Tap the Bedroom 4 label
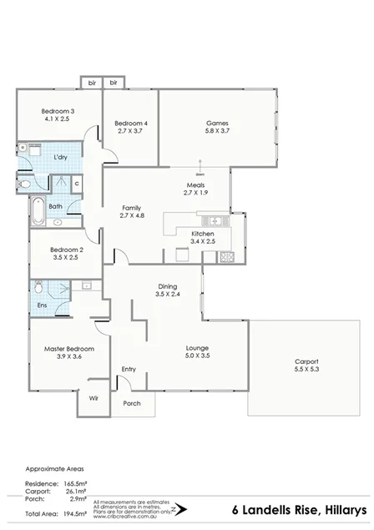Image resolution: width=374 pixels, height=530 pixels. click(x=130, y=124)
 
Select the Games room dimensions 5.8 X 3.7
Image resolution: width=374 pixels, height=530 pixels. click(x=217, y=132)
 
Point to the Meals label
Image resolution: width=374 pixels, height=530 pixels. click(x=195, y=184)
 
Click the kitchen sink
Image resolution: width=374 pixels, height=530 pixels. click(x=214, y=220)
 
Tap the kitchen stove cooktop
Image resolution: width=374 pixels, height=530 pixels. click(x=226, y=255)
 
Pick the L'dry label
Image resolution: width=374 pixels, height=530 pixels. click(x=60, y=158)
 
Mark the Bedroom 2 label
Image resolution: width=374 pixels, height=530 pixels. click(x=66, y=250)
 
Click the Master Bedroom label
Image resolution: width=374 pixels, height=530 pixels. click(x=68, y=348)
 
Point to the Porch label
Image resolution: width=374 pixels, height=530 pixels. click(x=132, y=403)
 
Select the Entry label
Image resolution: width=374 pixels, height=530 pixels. click(x=129, y=369)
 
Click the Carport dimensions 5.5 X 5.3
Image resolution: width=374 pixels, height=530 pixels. click(x=306, y=368)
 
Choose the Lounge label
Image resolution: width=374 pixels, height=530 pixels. click(x=197, y=347)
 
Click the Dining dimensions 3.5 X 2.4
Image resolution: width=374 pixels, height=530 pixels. click(x=167, y=294)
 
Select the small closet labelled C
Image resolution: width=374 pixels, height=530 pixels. click(x=76, y=183)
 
